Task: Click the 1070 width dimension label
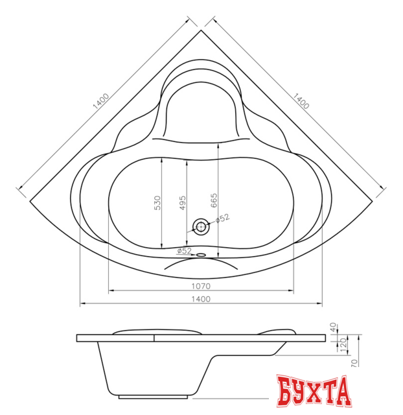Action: [201, 286]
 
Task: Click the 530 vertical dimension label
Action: [157, 203]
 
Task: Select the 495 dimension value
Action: [183, 203]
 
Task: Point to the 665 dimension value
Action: [214, 200]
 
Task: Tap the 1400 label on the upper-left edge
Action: [101, 101]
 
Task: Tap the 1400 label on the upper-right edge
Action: [301, 101]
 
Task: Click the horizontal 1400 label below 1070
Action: [201, 299]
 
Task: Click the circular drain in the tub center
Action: [201, 227]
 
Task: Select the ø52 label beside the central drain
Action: [222, 219]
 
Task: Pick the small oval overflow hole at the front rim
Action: [201, 255]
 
